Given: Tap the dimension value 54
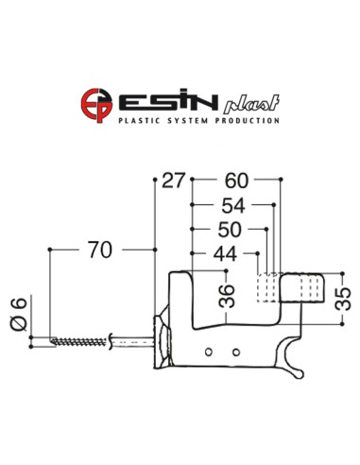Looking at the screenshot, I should pyautogui.click(x=235, y=205).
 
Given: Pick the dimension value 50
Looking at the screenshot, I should pyautogui.click(x=231, y=230).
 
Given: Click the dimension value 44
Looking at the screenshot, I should pyautogui.click(x=225, y=253).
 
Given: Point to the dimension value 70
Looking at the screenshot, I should pyautogui.click(x=100, y=250).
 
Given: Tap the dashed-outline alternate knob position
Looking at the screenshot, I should pyautogui.click(x=268, y=287).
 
